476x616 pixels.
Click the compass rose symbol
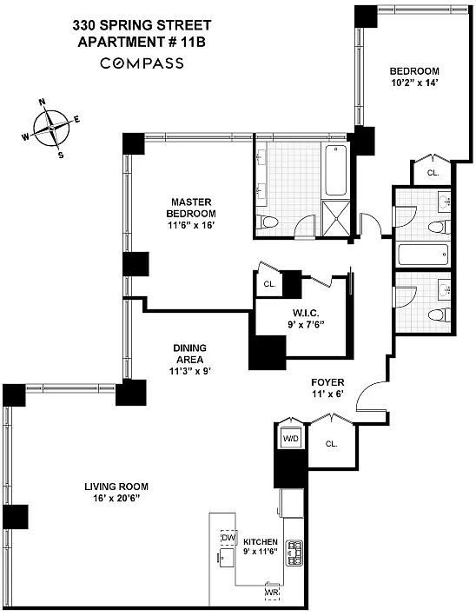coord(52,129)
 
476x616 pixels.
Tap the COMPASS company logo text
coord(142,63)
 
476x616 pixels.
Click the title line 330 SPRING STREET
coord(142,27)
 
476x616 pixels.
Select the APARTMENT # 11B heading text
coord(142,42)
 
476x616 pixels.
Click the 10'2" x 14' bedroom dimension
coord(414,84)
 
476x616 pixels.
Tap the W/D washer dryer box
coord(290,439)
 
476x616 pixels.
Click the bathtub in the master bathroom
coord(334,170)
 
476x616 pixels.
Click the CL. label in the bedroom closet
coord(433,173)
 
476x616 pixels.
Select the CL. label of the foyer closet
coord(331,443)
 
